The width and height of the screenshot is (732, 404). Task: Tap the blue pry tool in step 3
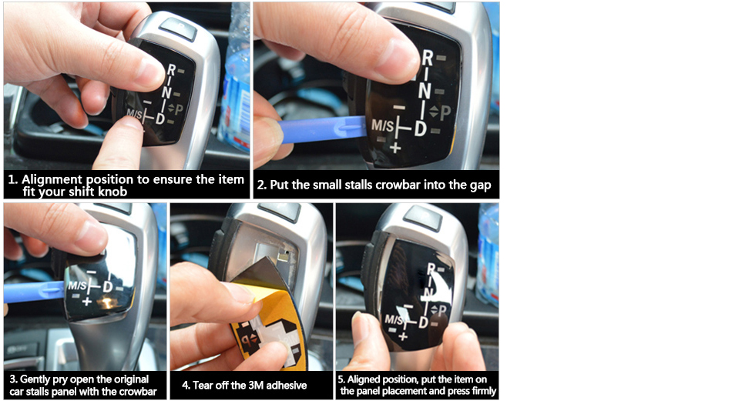click(34, 292)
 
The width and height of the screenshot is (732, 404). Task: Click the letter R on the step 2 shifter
click(428, 58)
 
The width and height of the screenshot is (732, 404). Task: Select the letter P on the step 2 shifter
click(445, 113)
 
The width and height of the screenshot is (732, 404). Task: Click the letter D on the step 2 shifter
click(421, 128)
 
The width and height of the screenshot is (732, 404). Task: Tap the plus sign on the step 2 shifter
click(395, 149)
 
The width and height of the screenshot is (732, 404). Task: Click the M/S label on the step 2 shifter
click(383, 125)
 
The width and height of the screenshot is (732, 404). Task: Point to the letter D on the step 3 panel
click(107, 286)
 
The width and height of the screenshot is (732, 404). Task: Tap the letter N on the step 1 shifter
click(166, 91)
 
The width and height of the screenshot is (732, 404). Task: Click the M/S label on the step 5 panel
click(394, 320)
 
